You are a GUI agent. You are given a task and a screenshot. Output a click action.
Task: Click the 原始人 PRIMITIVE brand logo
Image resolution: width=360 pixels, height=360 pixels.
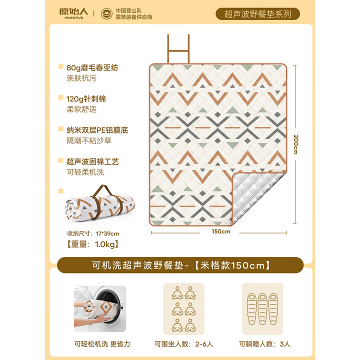[x=73, y=13]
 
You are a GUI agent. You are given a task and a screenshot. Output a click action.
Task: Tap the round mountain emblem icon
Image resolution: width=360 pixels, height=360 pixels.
[x=106, y=13]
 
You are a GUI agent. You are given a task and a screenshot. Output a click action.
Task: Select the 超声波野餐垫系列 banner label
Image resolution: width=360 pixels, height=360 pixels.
[x=257, y=14]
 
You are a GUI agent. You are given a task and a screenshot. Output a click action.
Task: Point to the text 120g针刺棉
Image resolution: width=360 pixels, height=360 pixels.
[x=86, y=98]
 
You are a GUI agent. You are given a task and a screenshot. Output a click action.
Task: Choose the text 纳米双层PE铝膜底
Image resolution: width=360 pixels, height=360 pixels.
[x=97, y=130]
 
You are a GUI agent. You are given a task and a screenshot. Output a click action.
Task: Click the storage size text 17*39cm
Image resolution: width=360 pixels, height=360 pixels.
[x=93, y=233]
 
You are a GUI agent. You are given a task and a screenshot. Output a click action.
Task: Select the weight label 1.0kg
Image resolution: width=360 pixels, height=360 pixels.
[x=92, y=245]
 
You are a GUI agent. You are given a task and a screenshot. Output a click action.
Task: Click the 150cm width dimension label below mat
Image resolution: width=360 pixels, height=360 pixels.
[x=220, y=231]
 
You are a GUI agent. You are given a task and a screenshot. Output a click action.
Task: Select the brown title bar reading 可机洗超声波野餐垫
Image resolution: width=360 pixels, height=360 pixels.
[x=179, y=265]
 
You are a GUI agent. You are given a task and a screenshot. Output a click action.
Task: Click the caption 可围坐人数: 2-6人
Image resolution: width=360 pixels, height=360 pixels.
[x=183, y=344]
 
